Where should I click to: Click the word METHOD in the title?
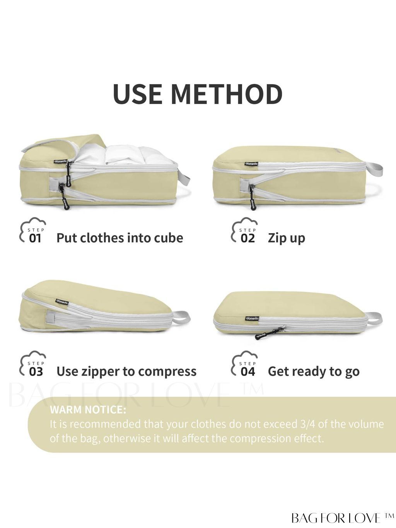point(227,94)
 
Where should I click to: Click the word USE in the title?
point(138,94)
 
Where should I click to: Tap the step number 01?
point(35,238)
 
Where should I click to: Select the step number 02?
point(247,238)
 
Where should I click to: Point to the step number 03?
point(36,372)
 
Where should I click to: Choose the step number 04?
point(247,372)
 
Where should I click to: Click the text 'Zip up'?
point(286,238)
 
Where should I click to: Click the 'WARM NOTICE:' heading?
point(88,410)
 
